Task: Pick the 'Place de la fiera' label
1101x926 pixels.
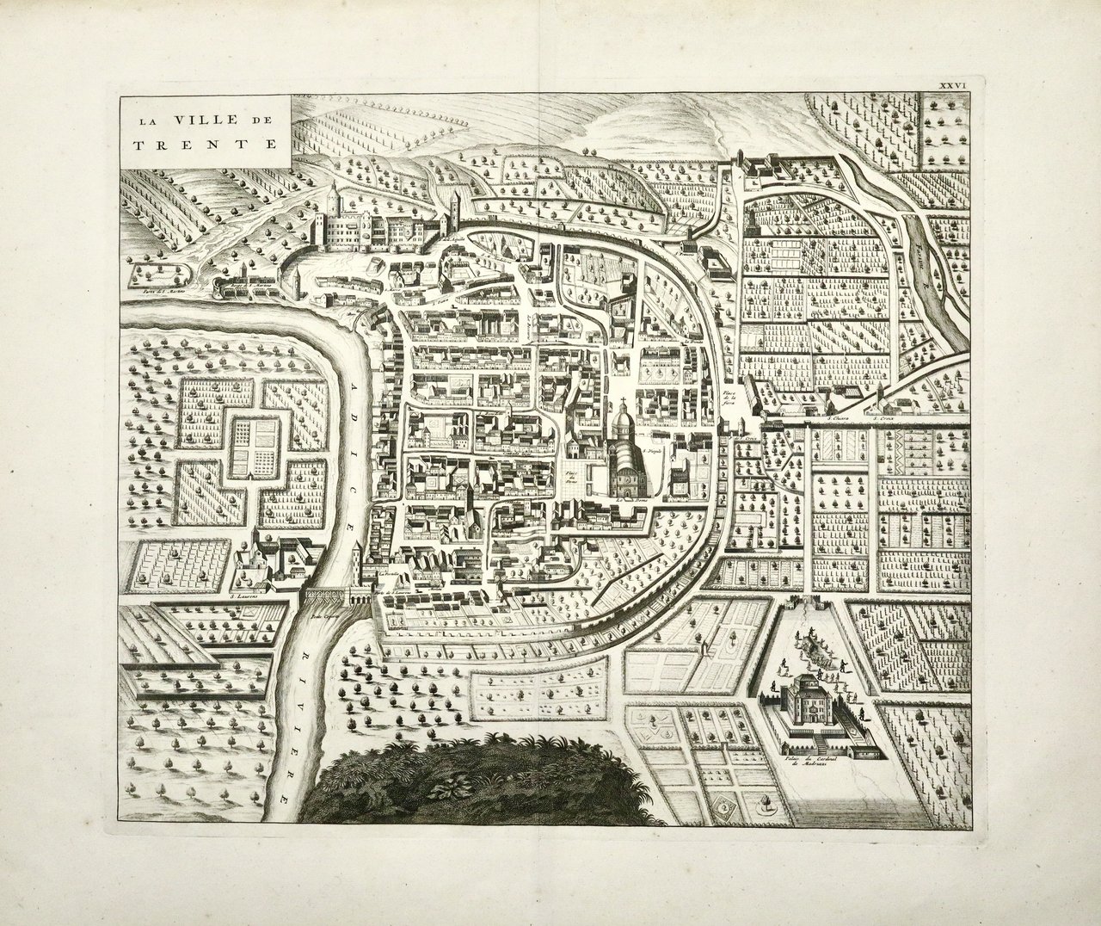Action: (x=730, y=398)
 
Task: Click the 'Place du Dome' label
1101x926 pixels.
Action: (x=569, y=478)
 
